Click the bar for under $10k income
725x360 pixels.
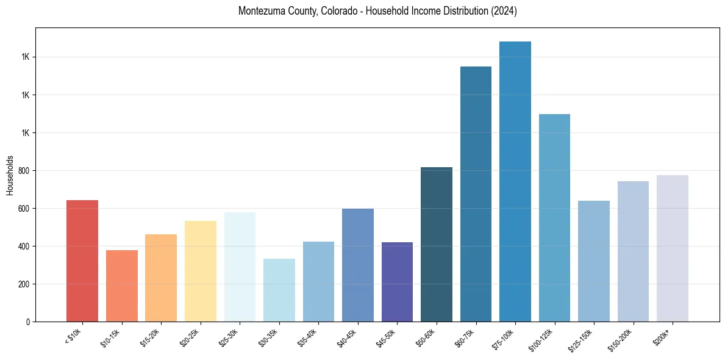tap(82, 261)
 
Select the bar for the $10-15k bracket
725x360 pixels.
tap(121, 286)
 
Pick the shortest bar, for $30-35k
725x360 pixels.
tap(279, 290)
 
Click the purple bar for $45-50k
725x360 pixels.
tap(397, 282)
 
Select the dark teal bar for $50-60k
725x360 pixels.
tap(437, 244)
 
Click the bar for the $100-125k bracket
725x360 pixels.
tap(554, 218)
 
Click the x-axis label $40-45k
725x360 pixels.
tap(347, 337)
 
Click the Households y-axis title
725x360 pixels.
tap(10, 175)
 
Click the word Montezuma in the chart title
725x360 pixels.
tap(260, 12)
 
